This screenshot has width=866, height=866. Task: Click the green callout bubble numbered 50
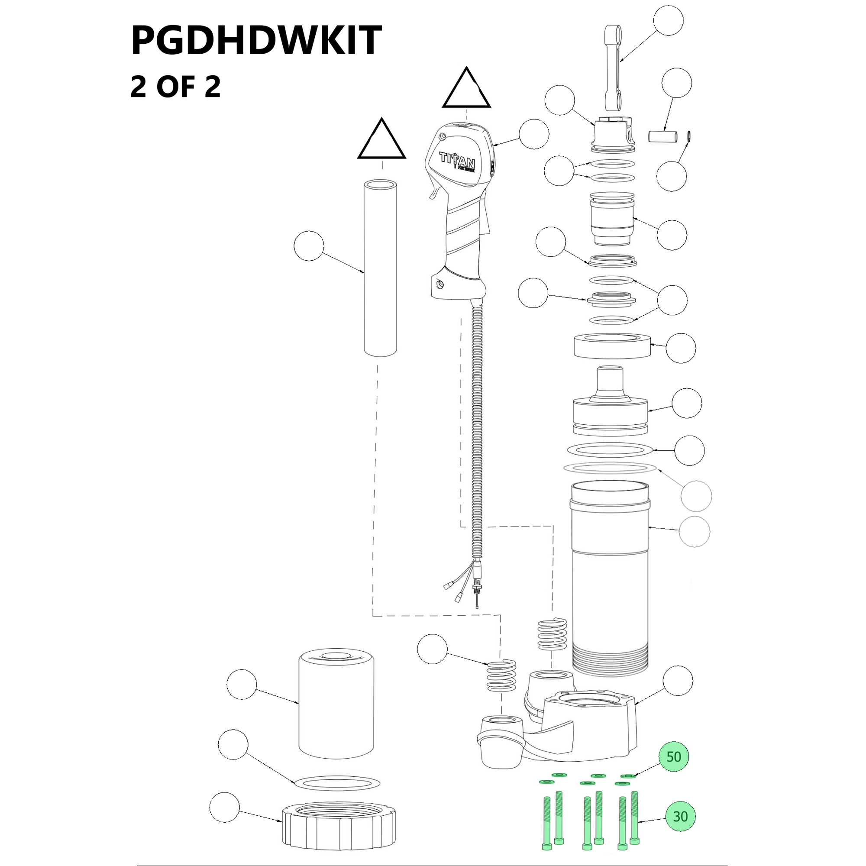(673, 756)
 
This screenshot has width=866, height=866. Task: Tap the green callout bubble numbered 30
(680, 816)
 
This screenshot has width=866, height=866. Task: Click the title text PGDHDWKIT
(256, 40)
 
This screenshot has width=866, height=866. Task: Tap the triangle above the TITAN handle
(466, 90)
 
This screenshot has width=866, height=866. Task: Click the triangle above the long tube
(381, 140)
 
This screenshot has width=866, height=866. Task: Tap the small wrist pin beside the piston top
(662, 136)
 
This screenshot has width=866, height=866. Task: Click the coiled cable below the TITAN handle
(477, 430)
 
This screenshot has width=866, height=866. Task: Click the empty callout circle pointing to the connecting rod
(668, 20)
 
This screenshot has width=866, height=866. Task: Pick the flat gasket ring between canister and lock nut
(336, 783)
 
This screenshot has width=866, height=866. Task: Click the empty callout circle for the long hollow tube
(309, 246)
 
